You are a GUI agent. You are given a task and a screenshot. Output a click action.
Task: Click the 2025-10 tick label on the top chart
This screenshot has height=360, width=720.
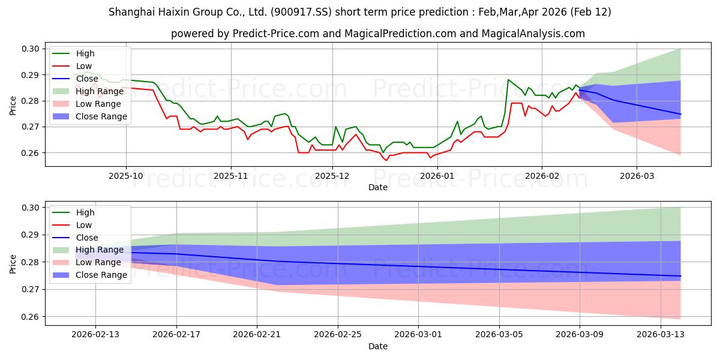tap(126, 176)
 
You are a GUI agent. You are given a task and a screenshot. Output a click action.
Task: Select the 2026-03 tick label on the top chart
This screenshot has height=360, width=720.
tap(637, 176)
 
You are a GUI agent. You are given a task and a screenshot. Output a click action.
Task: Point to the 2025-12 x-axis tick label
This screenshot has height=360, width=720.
tap(332, 176)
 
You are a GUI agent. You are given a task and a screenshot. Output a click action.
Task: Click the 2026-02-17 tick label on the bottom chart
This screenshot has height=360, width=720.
tap(176, 335)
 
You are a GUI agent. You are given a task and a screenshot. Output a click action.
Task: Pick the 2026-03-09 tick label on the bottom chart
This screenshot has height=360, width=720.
tap(580, 335)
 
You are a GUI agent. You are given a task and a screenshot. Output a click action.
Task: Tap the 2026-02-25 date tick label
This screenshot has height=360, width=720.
tap(338, 335)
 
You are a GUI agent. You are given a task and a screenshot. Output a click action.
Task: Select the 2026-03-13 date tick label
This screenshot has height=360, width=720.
tap(661, 335)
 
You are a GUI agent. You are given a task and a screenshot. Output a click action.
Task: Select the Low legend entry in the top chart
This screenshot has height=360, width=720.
tap(84, 66)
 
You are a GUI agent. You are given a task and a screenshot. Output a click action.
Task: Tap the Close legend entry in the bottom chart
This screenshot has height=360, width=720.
tap(88, 238)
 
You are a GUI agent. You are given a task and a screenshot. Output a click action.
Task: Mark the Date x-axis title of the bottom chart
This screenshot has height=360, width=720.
tap(378, 346)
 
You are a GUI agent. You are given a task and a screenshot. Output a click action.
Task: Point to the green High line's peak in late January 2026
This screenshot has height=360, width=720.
tap(508, 80)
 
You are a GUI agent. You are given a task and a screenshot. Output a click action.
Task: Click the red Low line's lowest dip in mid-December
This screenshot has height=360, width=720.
tap(386, 160)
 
